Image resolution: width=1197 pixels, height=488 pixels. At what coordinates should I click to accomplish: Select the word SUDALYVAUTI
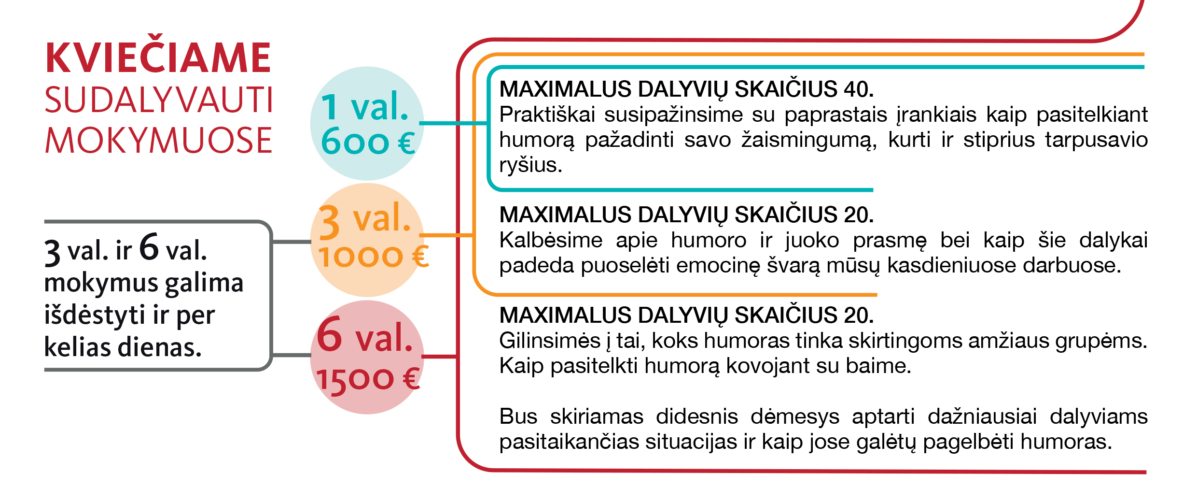(159, 100)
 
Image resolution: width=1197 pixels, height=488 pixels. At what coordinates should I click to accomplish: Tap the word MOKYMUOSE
(158, 141)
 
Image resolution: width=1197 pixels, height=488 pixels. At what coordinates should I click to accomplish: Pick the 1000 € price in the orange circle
(373, 256)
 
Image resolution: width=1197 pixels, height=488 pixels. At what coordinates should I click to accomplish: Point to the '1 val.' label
(365, 106)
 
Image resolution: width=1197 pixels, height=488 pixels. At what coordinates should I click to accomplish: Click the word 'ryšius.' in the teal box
(530, 165)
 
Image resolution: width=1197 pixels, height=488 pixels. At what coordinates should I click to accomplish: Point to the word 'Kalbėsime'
(551, 240)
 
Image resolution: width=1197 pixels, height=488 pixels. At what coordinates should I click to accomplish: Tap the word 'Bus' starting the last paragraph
(518, 416)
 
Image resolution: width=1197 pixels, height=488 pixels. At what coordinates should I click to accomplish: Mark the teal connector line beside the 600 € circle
(454, 123)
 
